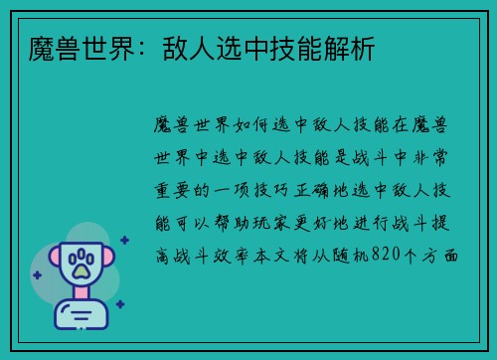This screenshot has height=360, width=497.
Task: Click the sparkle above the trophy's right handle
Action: (124, 240)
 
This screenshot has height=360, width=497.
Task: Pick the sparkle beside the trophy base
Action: (119, 304)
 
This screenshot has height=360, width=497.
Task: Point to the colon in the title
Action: (121, 47)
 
